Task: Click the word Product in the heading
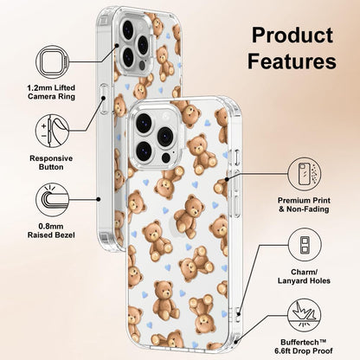click(292, 35)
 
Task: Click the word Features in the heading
click(292, 61)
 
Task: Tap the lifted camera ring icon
click(52, 61)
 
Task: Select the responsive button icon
click(52, 131)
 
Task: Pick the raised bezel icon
click(52, 199)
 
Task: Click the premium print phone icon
click(305, 174)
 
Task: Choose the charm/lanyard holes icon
click(305, 245)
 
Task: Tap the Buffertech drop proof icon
click(305, 315)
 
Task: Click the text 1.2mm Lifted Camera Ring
click(51, 92)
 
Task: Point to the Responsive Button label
click(51, 163)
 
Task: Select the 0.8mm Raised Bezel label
click(51, 231)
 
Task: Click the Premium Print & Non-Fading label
click(304, 205)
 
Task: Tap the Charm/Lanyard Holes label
click(304, 276)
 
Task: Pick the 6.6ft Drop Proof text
click(304, 351)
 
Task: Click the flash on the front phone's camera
click(166, 115)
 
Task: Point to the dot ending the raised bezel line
click(99, 199)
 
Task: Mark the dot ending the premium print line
click(227, 179)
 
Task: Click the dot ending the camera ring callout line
click(117, 46)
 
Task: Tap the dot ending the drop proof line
click(236, 342)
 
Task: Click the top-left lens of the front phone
click(144, 123)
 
